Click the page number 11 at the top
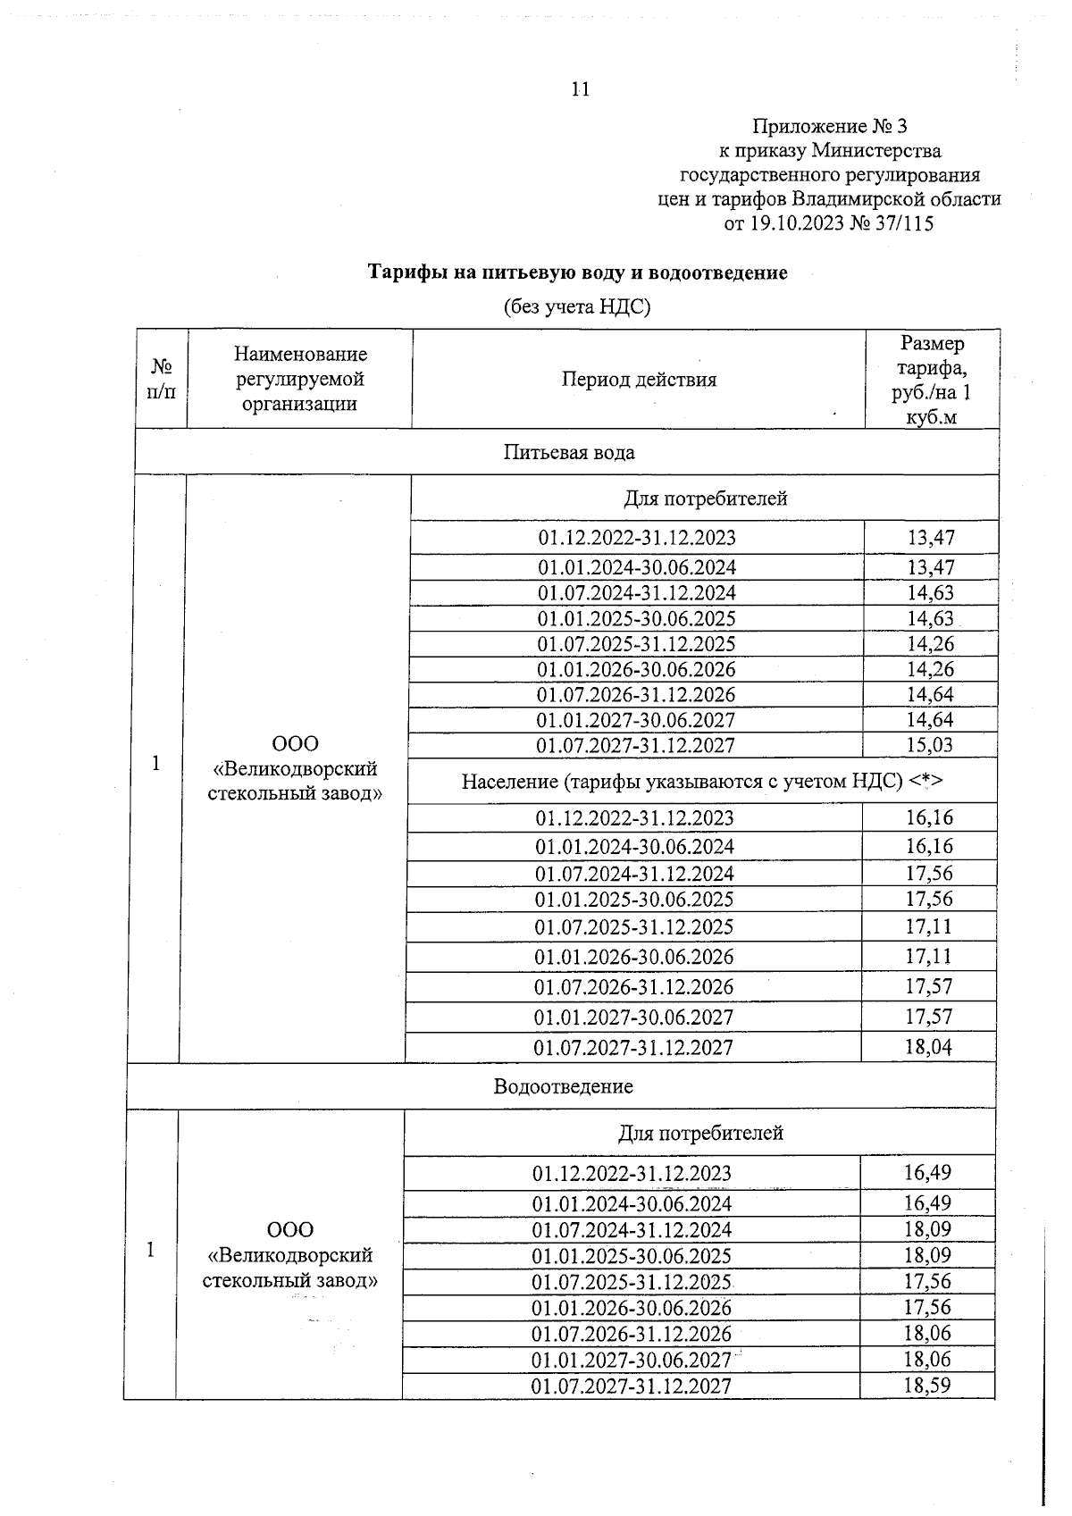pos(580,89)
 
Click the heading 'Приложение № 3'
pos(830,126)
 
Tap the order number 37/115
pos(905,223)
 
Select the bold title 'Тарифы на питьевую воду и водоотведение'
pos(578,272)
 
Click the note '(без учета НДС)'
pos(577,307)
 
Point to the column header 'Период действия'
pos(639,380)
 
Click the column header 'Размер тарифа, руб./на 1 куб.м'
pos(932,380)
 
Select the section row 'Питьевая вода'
pos(569,452)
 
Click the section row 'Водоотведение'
pos(563,1086)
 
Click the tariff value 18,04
pos(928,1047)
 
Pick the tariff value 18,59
pos(927,1386)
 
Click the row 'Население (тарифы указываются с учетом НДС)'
pos(702,782)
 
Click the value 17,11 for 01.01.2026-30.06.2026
pos(928,957)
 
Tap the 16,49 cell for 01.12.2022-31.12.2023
pos(927,1172)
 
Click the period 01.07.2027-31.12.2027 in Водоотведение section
pos(632,1386)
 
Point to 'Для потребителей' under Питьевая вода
pos(705,498)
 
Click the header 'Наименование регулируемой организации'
pos(300,380)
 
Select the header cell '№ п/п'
pos(162,380)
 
